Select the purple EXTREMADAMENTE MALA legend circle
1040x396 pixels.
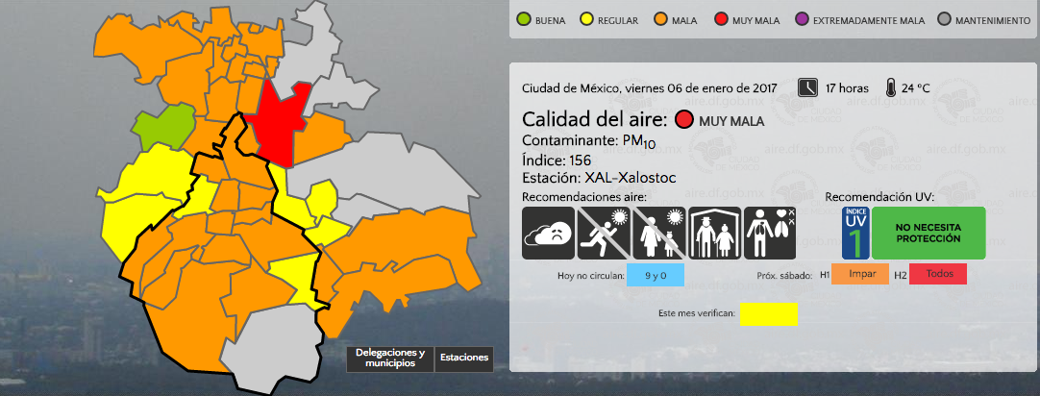point(799,18)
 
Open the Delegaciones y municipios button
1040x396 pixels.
point(390,359)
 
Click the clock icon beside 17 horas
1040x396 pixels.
point(808,87)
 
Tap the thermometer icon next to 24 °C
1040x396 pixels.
point(892,87)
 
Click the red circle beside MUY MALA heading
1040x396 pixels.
point(684,120)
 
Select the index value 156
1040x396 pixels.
point(580,160)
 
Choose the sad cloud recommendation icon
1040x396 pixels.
point(548,233)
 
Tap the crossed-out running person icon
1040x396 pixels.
point(604,233)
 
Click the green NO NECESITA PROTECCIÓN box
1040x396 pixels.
point(928,233)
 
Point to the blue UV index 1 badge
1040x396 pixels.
point(855,233)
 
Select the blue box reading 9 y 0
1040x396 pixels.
point(655,275)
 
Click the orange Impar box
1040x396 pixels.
point(860,275)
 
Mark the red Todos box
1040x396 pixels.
point(938,275)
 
